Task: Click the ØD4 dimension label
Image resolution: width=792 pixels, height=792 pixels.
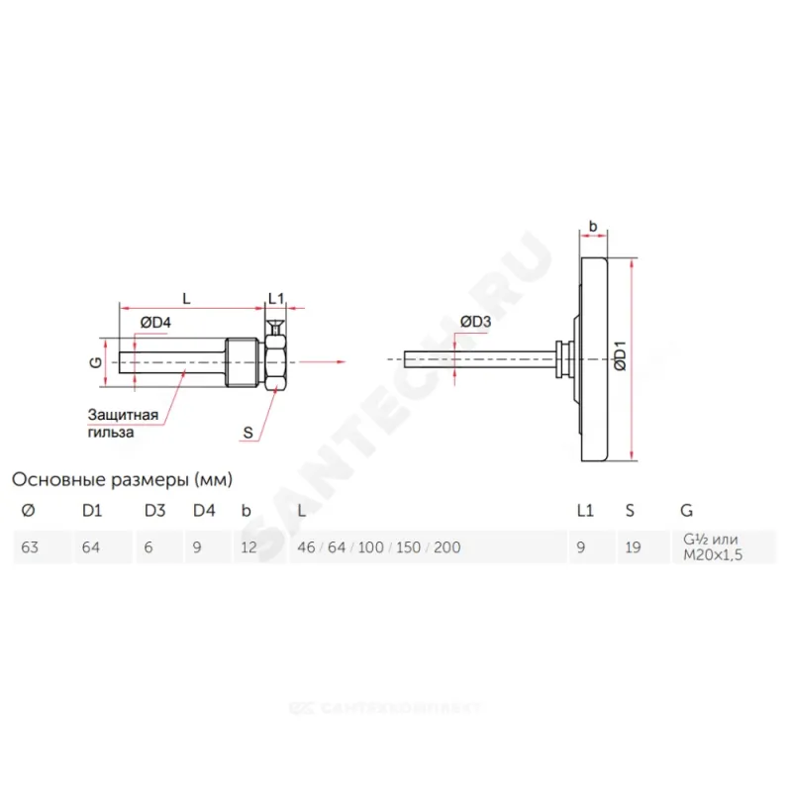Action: point(155,322)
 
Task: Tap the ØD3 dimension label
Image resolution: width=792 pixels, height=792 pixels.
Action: point(475,321)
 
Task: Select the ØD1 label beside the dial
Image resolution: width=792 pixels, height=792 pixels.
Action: point(621,356)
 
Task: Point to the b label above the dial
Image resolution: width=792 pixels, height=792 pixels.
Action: point(593,227)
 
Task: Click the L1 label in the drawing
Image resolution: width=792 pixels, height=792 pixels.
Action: point(276,299)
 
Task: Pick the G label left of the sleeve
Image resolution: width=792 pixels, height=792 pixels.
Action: point(95,362)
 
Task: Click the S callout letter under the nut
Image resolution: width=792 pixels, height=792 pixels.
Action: point(247,433)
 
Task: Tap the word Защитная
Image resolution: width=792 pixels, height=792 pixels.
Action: point(123,415)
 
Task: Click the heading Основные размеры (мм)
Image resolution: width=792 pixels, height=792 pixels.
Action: point(122,479)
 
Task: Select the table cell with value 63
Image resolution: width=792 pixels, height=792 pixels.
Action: point(43,547)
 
